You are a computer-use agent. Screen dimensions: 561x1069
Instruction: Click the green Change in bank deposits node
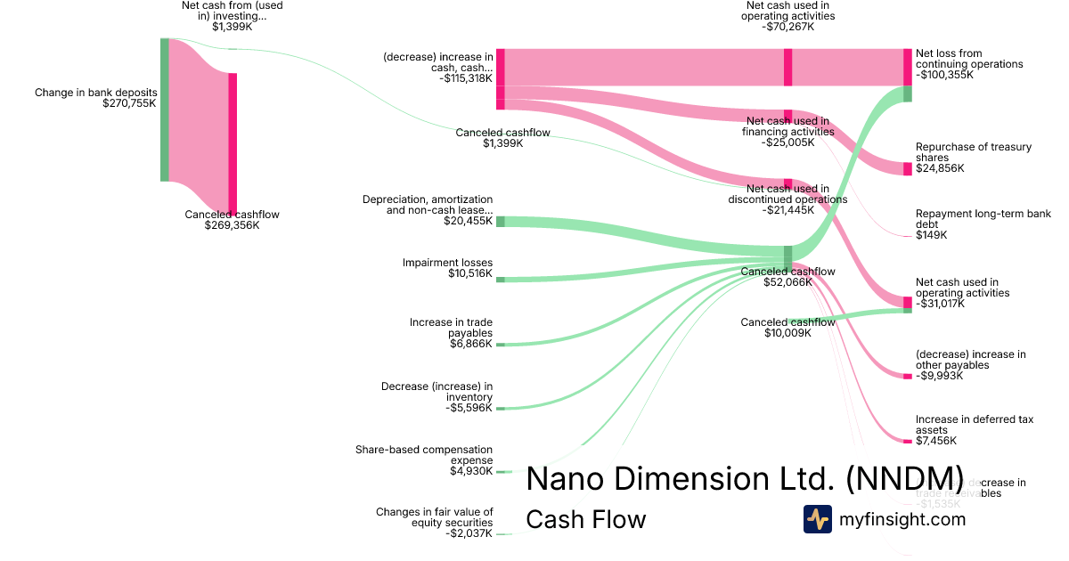tap(165, 110)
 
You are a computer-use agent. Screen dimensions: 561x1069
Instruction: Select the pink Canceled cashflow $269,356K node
tap(233, 142)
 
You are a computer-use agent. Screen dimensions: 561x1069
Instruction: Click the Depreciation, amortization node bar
tap(500, 221)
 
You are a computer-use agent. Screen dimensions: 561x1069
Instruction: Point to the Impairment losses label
tap(447, 263)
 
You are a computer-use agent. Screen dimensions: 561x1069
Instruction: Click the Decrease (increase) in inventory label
tap(437, 392)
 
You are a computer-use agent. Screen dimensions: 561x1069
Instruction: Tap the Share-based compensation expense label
tap(423, 455)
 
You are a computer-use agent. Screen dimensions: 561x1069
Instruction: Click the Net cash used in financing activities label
tap(787, 126)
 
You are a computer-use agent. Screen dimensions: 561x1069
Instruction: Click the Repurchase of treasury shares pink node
tap(907, 168)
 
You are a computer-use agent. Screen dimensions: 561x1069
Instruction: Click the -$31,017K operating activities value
tap(947, 304)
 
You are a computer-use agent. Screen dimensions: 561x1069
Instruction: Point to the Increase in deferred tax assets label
tap(975, 424)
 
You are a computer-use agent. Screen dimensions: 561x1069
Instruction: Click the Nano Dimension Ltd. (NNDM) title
tap(745, 478)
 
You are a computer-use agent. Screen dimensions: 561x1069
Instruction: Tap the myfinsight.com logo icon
tap(818, 519)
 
